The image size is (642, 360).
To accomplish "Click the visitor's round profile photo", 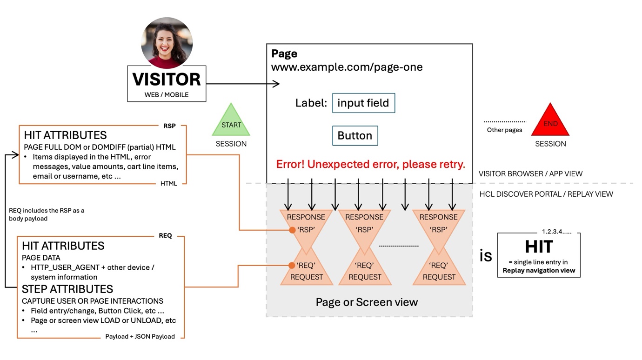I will [167, 43].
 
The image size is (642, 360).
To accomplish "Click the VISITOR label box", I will [167, 83].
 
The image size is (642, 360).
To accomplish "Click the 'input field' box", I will [363, 103].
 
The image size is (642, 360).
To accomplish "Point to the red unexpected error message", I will [370, 165].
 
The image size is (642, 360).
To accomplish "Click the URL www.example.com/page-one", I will [347, 67].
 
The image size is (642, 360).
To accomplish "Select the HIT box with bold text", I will [539, 254].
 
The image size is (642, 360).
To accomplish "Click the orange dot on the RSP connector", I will [292, 230].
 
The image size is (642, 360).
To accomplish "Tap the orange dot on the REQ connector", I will [292, 266].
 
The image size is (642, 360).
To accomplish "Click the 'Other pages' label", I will [504, 130].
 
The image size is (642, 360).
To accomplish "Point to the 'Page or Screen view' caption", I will [367, 302].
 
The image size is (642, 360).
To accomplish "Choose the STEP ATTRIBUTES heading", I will [67, 289].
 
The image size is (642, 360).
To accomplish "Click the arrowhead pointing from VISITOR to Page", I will [276, 84].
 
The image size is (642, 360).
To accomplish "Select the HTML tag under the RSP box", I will [168, 184].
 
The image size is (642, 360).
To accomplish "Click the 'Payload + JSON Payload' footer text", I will [140, 337].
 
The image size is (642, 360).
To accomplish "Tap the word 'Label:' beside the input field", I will [311, 103].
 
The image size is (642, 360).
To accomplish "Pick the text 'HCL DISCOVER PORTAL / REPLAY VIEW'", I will [546, 194].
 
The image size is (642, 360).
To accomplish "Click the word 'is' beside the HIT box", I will [486, 255].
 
